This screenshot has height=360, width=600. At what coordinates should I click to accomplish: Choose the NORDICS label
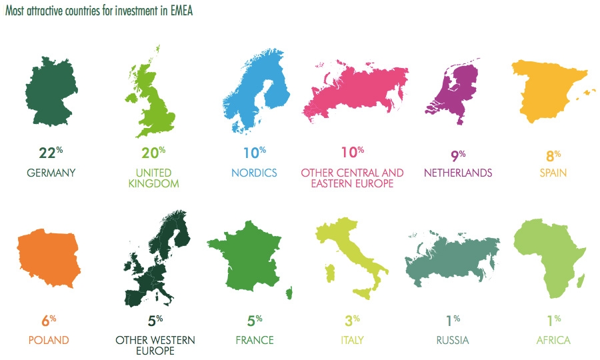(x=254, y=173)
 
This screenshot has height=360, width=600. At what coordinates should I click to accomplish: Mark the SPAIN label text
(x=554, y=173)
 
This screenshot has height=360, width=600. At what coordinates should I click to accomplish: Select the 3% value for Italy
(x=351, y=321)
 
